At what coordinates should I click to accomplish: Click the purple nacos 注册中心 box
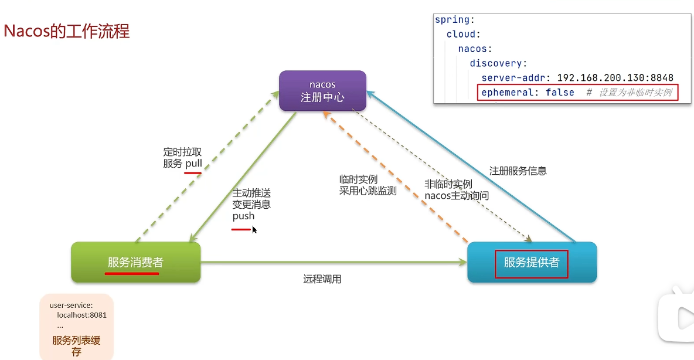(322, 91)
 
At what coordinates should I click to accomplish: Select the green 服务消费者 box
(135, 262)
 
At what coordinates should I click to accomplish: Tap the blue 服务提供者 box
(532, 262)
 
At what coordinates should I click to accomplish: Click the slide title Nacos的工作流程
(67, 30)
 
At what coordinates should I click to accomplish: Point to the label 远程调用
(322, 279)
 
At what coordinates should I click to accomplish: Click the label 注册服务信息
(518, 171)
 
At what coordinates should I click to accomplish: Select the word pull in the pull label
(193, 164)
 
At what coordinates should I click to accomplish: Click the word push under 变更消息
(243, 216)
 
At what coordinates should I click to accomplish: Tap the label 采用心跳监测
(368, 191)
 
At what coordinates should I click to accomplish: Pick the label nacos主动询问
(457, 195)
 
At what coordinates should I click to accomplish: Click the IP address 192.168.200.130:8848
(615, 78)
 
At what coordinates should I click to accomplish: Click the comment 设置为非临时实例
(635, 93)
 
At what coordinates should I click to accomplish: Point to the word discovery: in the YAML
(498, 63)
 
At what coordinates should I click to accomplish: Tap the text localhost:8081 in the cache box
(81, 315)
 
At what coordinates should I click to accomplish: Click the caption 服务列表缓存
(76, 346)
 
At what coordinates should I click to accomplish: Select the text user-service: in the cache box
(71, 305)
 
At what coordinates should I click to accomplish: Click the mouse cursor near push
(254, 230)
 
